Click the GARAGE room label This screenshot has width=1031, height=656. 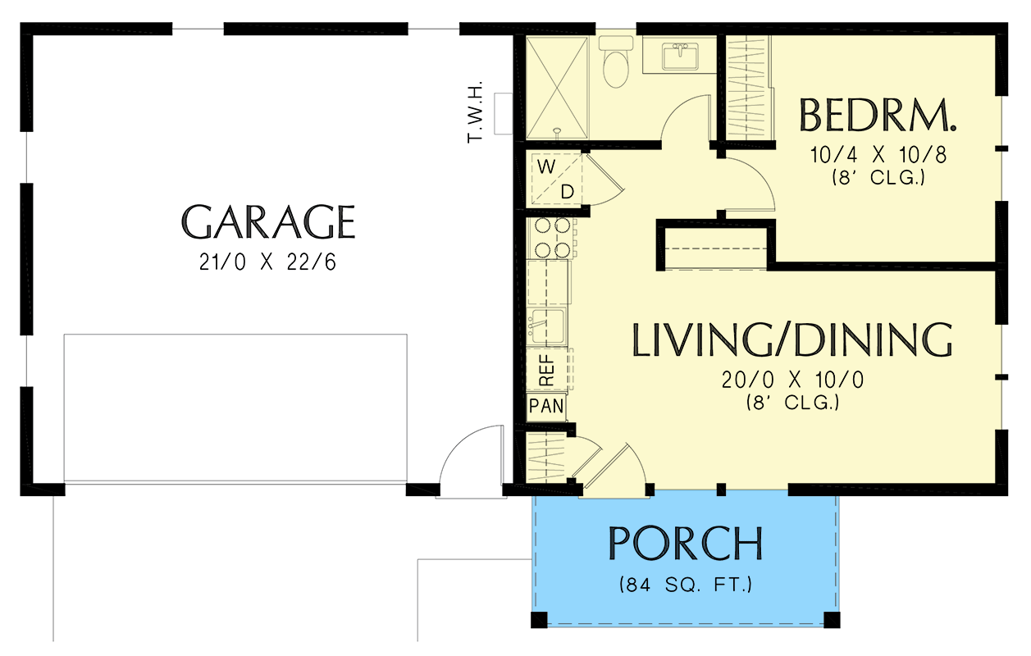[x=268, y=221]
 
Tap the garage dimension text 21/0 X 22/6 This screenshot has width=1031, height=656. [x=268, y=262]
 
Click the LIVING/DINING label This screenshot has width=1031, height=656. [x=792, y=340]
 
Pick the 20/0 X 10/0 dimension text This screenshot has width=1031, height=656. [x=792, y=380]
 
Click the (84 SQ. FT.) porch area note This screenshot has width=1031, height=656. [x=686, y=585]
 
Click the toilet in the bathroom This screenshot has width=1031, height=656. [x=615, y=62]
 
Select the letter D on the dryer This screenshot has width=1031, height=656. [x=567, y=192]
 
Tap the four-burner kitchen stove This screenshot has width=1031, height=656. [x=552, y=238]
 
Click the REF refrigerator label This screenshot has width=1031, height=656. [x=547, y=369]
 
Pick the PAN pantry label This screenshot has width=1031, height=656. [x=545, y=406]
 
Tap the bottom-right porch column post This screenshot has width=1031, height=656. [x=832, y=619]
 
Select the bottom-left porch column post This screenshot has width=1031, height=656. [x=538, y=619]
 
